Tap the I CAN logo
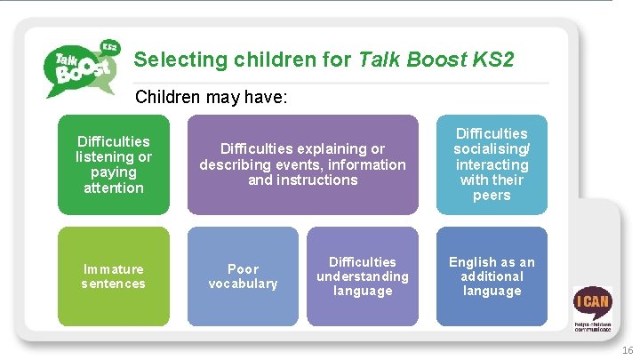pyautogui.click(x=591, y=307)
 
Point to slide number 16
pyautogui.click(x=627, y=349)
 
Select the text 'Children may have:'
pyautogui.click(x=211, y=96)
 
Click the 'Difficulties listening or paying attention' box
pyautogui.click(x=114, y=164)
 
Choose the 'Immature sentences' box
pyautogui.click(x=114, y=276)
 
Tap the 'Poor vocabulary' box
pyautogui.click(x=243, y=276)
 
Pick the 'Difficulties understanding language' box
pyautogui.click(x=362, y=276)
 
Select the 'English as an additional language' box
pyautogui.click(x=492, y=276)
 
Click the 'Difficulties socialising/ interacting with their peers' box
pyautogui.click(x=492, y=164)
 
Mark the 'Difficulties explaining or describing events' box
pyautogui.click(x=302, y=164)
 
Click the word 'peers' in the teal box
pyautogui.click(x=492, y=196)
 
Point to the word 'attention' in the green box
pyautogui.click(x=114, y=188)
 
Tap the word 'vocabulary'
pyautogui.click(x=243, y=284)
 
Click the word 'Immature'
pyautogui.click(x=114, y=268)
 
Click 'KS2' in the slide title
pyautogui.click(x=492, y=60)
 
